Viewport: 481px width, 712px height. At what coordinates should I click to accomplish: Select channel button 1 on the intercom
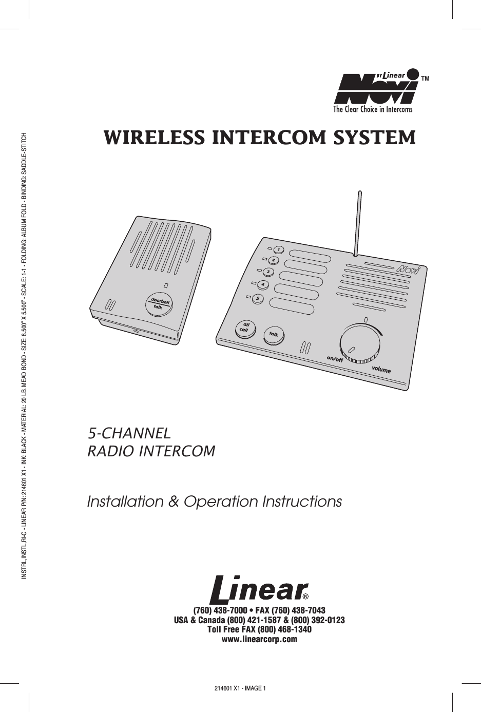(x=278, y=249)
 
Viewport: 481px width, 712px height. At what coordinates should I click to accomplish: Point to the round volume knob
(x=361, y=341)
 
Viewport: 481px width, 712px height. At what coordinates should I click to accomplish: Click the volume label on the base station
(x=381, y=370)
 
